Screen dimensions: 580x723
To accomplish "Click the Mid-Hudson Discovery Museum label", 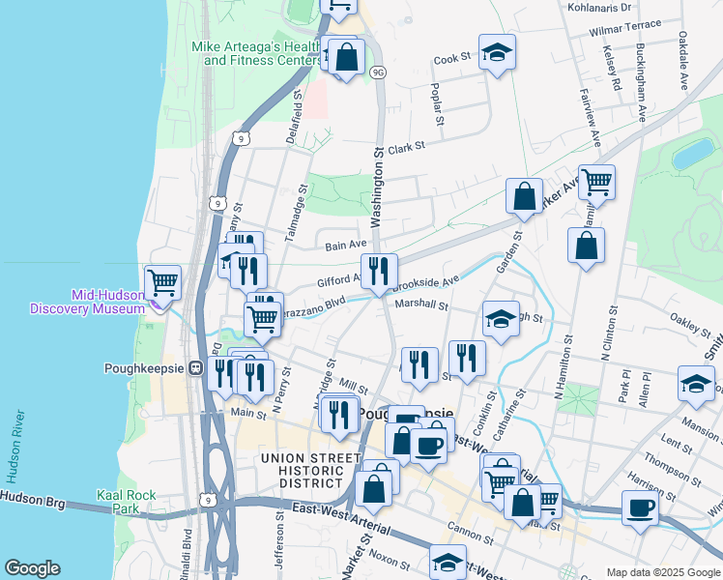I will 82,302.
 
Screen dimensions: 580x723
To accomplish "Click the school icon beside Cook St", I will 498,53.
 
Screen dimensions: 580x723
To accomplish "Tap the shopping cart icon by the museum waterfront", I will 162,282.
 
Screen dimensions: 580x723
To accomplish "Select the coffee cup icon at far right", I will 640,507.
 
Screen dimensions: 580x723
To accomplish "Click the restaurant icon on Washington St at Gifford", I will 378,271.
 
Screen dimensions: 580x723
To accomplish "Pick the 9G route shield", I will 378,72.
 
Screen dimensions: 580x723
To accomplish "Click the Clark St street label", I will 407,147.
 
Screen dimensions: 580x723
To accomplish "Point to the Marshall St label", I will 421,305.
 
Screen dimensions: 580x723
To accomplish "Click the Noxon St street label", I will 390,559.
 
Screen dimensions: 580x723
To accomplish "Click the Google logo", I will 33,568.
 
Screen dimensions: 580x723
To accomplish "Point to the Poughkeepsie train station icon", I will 194,368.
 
